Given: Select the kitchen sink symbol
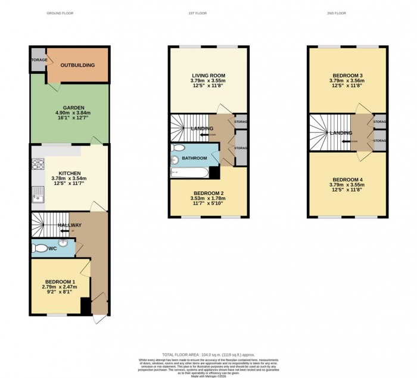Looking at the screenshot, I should click(37, 192).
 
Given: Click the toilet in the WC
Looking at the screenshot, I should click(40, 247).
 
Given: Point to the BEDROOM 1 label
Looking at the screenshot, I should click(60, 281).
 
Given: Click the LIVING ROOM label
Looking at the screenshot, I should click(200, 76).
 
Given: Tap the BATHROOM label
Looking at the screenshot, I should click(194, 158).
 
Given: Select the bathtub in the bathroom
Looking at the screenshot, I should click(189, 173).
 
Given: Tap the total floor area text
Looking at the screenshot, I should click(208, 354).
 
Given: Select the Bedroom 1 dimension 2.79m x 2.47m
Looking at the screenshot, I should click(60, 287).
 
